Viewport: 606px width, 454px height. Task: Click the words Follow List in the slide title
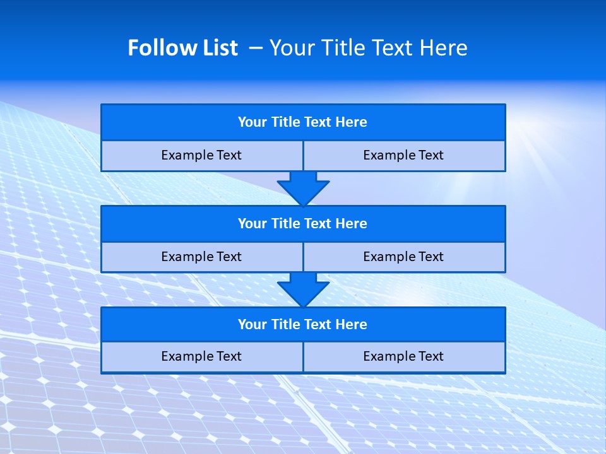click(x=182, y=48)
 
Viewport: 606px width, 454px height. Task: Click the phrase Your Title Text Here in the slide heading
click(x=368, y=48)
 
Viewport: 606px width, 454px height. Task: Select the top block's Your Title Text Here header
click(x=302, y=122)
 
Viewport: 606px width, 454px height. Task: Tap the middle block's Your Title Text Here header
click(x=302, y=223)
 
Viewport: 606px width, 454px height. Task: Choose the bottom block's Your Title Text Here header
click(x=302, y=324)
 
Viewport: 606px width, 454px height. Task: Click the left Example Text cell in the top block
click(x=201, y=155)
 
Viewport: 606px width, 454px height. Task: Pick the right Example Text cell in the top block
click(x=403, y=155)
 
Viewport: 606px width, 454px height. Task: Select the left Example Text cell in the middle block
click(x=201, y=257)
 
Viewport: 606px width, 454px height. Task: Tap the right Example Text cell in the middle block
click(x=403, y=257)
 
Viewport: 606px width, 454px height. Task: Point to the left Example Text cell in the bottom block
click(x=201, y=356)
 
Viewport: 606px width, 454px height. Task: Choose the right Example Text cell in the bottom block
click(x=403, y=356)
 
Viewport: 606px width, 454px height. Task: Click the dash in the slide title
click(x=256, y=48)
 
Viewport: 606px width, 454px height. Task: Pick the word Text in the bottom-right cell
click(x=429, y=356)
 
